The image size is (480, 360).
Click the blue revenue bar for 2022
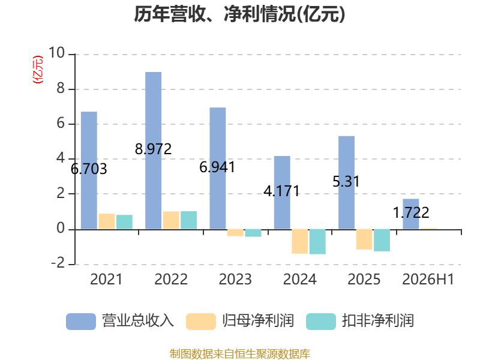point(154,151)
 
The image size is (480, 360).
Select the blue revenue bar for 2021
point(89,170)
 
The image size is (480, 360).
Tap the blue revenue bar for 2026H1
point(411,214)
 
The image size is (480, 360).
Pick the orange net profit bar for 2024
point(299,241)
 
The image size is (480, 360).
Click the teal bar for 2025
point(382,241)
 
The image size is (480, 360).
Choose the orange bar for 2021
point(107,221)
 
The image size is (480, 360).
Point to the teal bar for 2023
point(253,233)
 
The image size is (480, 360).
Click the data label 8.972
point(154,149)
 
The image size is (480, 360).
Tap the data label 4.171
point(281,191)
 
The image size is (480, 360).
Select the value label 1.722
point(411,213)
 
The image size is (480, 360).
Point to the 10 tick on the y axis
point(56,53)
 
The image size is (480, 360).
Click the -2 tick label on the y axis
point(58,263)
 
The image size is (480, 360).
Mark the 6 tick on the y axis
point(61,123)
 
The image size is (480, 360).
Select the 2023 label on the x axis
point(235,279)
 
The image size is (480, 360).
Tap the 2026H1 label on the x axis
point(428,279)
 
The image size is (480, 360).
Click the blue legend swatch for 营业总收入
point(81,322)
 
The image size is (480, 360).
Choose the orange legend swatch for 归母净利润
point(201,322)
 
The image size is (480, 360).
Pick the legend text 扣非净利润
point(378,321)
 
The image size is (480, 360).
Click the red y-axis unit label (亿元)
point(38,70)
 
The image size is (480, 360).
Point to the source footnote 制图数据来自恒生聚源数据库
point(240,354)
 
